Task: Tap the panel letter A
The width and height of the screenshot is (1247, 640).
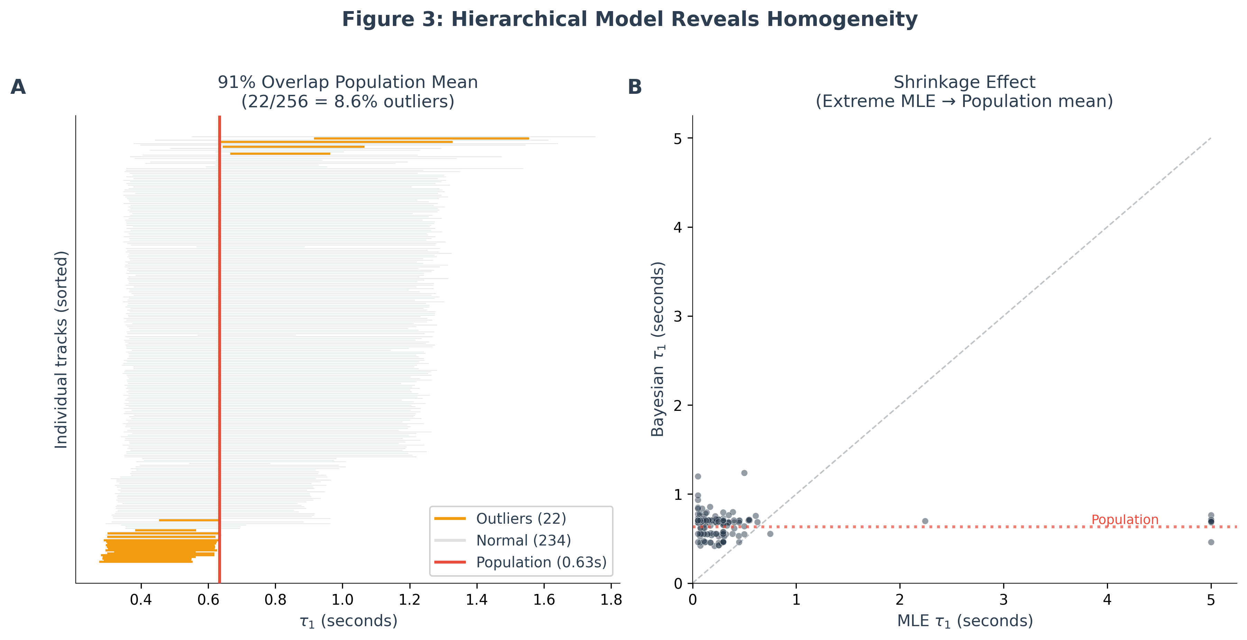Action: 18,87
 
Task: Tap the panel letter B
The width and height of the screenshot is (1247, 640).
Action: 634,87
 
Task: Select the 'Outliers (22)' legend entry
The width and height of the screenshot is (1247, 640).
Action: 521,519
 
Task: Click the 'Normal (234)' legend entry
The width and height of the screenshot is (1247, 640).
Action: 523,540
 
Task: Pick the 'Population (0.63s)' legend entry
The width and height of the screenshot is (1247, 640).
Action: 541,562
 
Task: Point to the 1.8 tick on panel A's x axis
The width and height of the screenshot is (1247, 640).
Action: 611,600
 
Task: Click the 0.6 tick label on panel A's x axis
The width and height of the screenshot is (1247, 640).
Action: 208,600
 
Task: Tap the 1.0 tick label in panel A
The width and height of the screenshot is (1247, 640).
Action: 342,600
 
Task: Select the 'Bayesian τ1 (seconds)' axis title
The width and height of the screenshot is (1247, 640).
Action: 658,349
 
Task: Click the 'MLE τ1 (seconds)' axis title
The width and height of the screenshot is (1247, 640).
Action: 965,621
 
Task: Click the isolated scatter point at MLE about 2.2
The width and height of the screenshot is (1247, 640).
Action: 925,521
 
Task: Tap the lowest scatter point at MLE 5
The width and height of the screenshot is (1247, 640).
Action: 1211,542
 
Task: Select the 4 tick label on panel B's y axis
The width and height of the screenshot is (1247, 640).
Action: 678,227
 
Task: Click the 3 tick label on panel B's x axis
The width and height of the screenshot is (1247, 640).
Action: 1004,600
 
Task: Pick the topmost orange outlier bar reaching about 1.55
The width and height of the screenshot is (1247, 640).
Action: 421,138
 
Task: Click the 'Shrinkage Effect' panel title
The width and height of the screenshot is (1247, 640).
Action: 964,82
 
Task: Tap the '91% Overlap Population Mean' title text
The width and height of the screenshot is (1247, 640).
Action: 348,82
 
